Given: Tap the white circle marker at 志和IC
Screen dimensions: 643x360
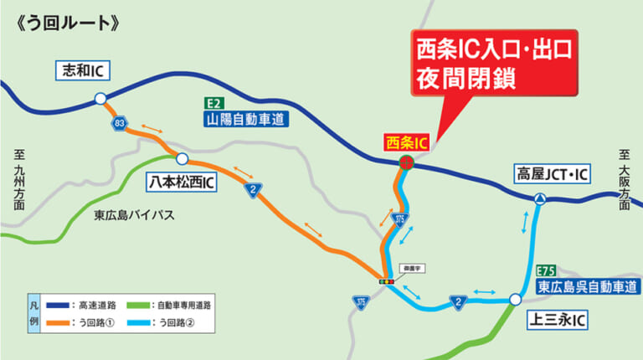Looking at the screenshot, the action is coord(100,99).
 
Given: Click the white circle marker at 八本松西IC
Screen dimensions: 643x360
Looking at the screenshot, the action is coord(182,157).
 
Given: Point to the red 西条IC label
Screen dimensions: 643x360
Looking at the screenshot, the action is coord(406,143).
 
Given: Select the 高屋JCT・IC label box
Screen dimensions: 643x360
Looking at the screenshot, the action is coord(553,174).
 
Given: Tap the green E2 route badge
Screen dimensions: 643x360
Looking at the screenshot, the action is coord(214,103).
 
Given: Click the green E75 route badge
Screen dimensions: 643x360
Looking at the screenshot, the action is coord(546,270).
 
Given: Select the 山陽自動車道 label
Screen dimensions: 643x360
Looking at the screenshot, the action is coord(247,120).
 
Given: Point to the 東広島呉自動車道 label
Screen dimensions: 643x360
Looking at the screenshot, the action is coord(586,286).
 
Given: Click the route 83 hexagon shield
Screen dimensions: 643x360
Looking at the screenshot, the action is coord(121,123).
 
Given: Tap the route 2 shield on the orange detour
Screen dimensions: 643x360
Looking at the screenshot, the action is coord(251,190).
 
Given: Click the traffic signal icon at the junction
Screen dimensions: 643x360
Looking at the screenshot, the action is coord(385,282).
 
